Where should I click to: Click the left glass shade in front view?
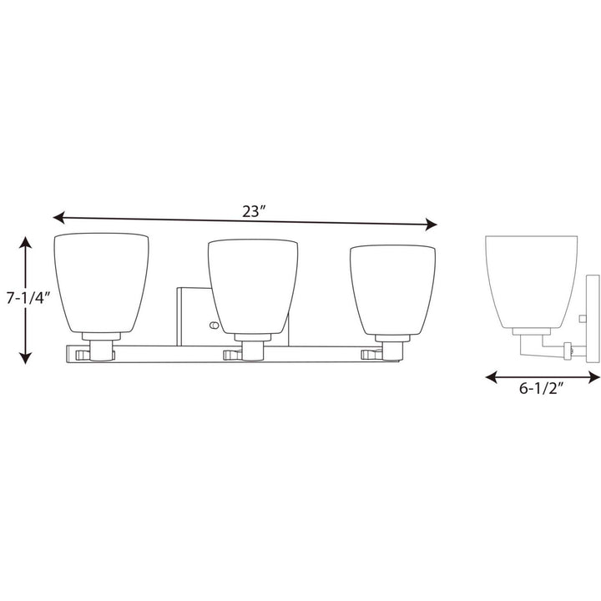[101, 281]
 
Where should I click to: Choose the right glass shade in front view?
[393, 288]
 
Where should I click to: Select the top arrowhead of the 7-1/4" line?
[26, 243]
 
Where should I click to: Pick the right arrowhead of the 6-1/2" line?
[594, 376]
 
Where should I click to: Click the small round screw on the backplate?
[213, 324]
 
